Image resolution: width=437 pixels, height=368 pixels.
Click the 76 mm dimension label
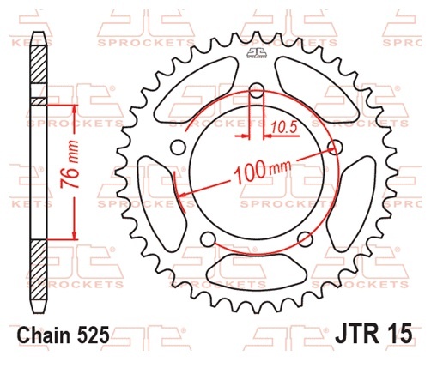(x=70, y=165)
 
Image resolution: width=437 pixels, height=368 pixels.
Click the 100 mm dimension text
(x=263, y=171)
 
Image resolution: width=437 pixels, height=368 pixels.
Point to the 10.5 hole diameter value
(x=283, y=127)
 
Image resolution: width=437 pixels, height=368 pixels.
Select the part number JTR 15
(x=373, y=332)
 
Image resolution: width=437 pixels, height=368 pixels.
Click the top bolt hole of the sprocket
(x=257, y=90)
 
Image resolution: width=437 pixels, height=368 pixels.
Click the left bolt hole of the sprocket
(x=179, y=147)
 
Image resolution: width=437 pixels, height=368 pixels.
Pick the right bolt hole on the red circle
(x=335, y=147)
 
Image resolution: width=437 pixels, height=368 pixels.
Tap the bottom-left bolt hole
(x=208, y=239)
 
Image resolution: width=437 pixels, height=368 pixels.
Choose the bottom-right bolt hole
(x=305, y=239)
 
